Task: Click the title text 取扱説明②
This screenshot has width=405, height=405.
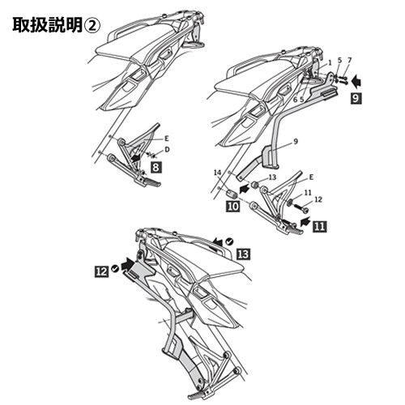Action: (56, 25)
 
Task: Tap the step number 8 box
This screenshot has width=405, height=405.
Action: (156, 168)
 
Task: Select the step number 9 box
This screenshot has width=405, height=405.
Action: (356, 98)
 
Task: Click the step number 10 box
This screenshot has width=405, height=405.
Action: (233, 207)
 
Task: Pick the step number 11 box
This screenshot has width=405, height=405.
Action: (319, 226)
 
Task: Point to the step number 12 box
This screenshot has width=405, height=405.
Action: (101, 271)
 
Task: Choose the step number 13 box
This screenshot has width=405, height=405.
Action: (243, 254)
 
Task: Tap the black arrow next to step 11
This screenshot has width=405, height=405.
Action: (305, 221)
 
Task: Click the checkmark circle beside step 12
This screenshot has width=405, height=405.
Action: (115, 269)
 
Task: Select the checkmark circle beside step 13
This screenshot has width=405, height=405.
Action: (230, 241)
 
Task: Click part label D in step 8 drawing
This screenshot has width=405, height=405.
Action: (167, 149)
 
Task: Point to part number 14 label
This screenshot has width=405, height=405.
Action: (217, 173)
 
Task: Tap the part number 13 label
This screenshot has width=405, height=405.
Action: (272, 177)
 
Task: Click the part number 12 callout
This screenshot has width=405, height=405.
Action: (318, 199)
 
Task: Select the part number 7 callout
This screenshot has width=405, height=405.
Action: (349, 60)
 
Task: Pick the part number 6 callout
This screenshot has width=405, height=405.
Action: (295, 100)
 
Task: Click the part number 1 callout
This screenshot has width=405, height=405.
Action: (330, 62)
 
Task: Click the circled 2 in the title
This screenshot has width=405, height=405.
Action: (92, 26)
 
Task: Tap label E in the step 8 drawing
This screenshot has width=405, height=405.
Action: (167, 139)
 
